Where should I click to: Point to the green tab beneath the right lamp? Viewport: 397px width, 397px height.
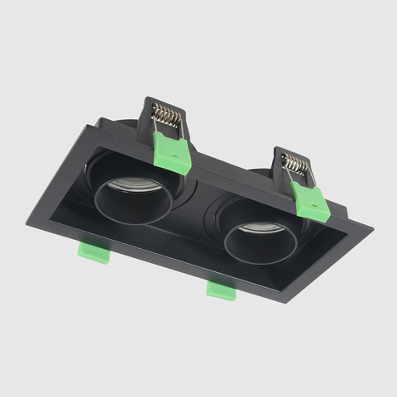221,289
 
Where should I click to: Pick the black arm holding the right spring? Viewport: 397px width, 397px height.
281,170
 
